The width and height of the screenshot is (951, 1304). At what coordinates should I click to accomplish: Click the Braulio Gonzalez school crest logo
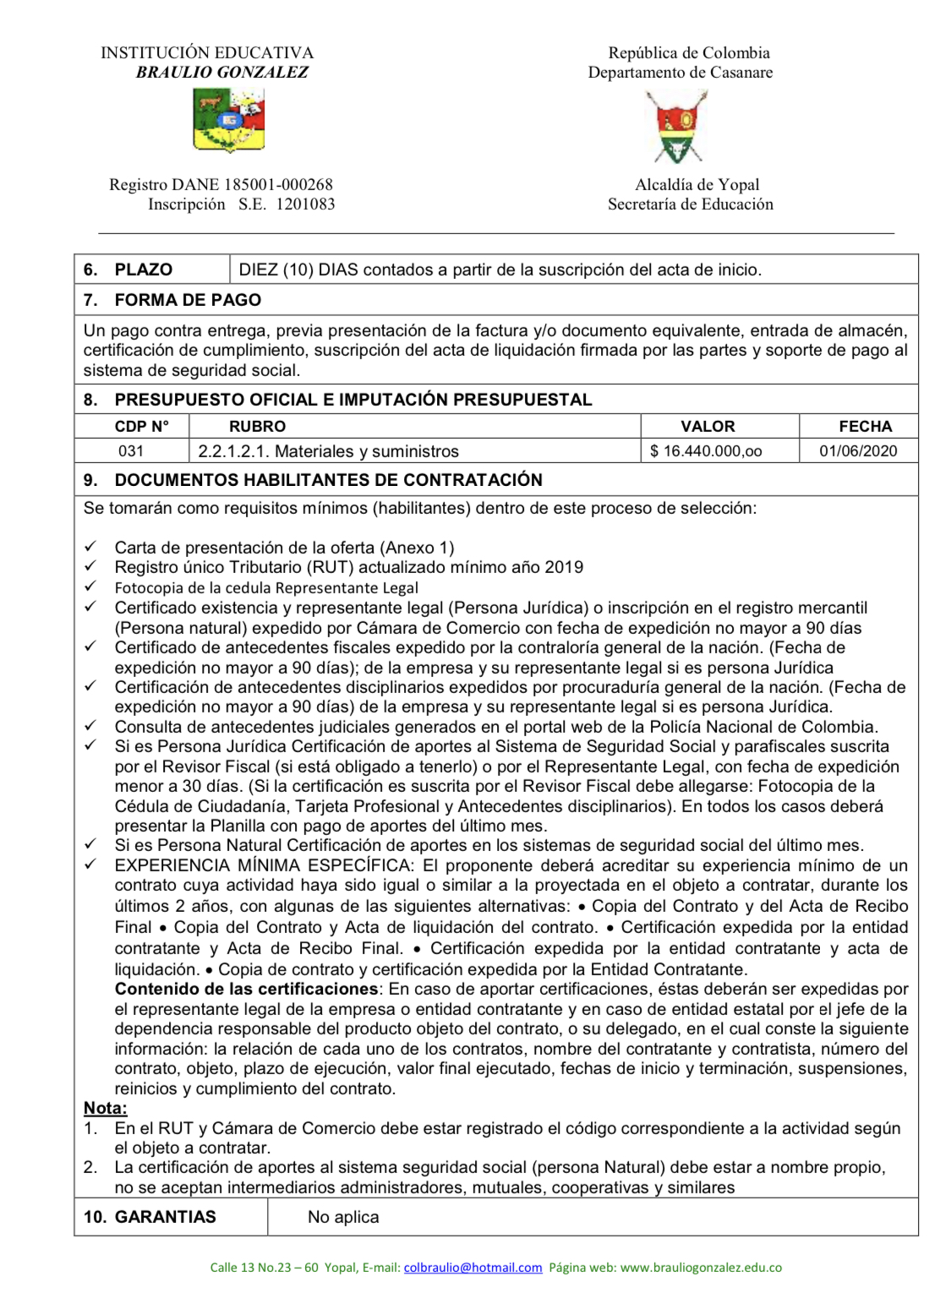[228, 120]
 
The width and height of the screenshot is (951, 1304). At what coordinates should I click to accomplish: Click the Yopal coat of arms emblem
[679, 126]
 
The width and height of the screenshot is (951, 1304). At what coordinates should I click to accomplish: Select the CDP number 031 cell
[131, 451]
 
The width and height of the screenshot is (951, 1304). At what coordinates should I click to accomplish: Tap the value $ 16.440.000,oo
[706, 451]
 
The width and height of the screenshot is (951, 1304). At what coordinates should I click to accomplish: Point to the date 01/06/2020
[858, 451]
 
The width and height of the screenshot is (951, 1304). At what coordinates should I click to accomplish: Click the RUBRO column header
[257, 427]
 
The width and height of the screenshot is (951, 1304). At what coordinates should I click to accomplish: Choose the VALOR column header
[708, 427]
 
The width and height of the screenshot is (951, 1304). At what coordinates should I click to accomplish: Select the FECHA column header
[865, 427]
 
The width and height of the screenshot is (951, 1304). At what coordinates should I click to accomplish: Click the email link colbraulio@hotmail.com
[473, 1268]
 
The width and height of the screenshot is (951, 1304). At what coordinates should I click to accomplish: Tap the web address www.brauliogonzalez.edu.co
[701, 1268]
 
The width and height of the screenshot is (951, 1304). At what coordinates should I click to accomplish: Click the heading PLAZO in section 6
[143, 270]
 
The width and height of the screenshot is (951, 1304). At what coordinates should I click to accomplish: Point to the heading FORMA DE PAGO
[188, 300]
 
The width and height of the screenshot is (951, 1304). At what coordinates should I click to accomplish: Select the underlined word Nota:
[105, 1108]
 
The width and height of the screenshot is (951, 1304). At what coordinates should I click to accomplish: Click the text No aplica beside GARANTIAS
[343, 1217]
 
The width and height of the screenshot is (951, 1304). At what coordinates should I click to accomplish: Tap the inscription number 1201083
[305, 204]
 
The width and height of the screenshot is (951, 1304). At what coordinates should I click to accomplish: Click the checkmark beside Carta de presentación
[90, 547]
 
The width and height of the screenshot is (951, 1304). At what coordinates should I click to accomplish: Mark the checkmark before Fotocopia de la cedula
[90, 587]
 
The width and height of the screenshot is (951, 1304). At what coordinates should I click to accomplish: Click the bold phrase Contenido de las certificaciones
[246, 989]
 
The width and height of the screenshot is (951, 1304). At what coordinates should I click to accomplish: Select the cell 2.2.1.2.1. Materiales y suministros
[328, 451]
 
